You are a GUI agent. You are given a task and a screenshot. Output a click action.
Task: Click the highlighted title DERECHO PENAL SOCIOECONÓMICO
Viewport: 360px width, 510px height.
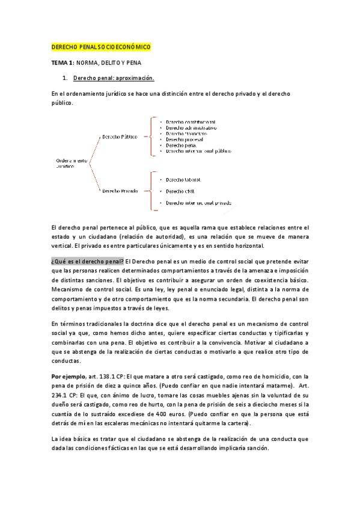101,47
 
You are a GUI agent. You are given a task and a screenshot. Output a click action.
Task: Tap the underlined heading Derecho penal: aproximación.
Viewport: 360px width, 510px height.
114,78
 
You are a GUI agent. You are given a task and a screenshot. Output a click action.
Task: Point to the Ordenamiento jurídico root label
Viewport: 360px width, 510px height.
72,164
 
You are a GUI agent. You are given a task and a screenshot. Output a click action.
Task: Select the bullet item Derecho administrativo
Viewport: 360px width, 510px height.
191,127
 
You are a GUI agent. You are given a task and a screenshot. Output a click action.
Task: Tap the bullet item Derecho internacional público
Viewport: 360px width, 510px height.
198,151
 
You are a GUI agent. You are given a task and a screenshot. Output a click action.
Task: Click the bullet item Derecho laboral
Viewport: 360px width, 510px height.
183,179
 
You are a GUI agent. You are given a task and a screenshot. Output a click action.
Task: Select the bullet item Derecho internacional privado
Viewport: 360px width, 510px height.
198,203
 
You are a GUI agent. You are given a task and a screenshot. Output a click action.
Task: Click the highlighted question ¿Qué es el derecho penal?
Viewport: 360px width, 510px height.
88,260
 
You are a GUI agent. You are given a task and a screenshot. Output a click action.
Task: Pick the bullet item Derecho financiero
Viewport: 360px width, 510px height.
186,134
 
